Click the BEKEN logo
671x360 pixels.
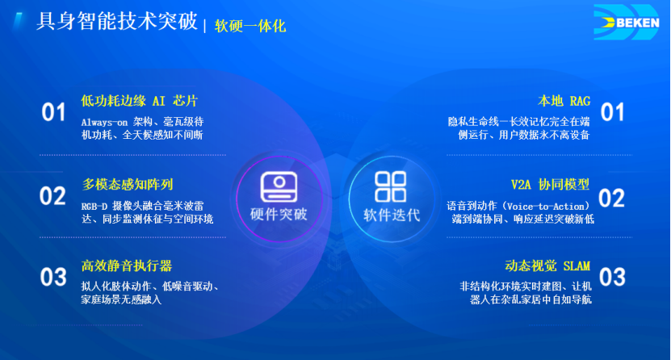627,23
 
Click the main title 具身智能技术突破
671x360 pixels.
117,21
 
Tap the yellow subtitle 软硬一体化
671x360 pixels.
250,26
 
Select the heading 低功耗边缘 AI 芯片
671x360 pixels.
139,101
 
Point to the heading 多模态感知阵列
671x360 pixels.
128,184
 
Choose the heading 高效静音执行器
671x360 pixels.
127,266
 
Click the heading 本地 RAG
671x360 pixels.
564,101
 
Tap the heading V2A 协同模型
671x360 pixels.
551,185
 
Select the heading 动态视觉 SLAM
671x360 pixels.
547,266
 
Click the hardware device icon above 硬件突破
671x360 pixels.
279,186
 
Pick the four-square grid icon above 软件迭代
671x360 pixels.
390,186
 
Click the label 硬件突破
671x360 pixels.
279,214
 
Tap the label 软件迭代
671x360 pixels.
392,215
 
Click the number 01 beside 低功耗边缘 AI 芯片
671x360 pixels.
53,112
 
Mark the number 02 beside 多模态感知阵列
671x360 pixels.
52,196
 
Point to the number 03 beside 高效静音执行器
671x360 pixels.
53,277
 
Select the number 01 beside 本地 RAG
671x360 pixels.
612,112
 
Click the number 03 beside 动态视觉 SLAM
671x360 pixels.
612,277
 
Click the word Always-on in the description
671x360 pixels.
104,122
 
